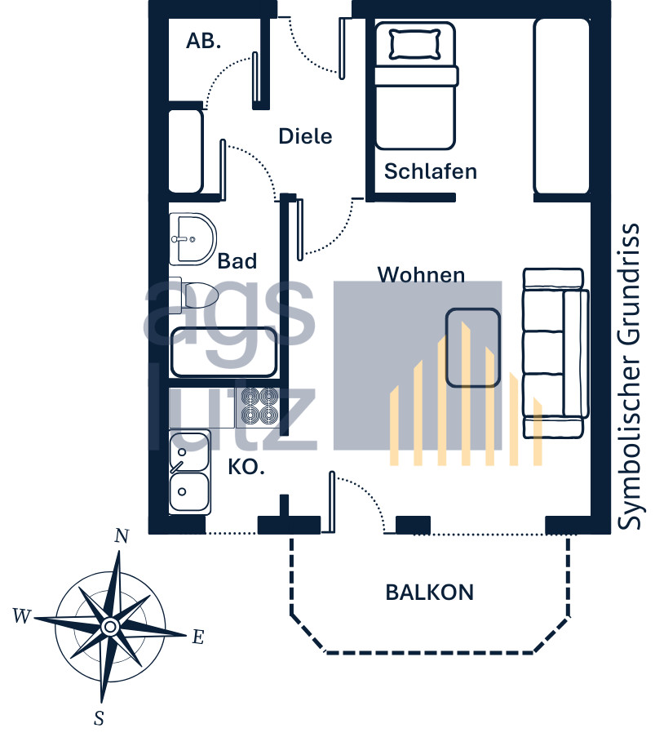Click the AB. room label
203,42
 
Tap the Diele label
305,136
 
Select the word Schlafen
431,171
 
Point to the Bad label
237,261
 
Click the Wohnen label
422,274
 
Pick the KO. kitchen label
246,467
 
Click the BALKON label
430,593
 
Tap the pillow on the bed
415,44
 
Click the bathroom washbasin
193,239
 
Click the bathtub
223,353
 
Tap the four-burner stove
259,406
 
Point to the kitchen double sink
189,472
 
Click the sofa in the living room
555,353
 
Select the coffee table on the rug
472,348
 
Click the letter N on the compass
122,536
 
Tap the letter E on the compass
198,637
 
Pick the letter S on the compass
99,718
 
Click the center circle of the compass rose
110,627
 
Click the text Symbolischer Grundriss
628,376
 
